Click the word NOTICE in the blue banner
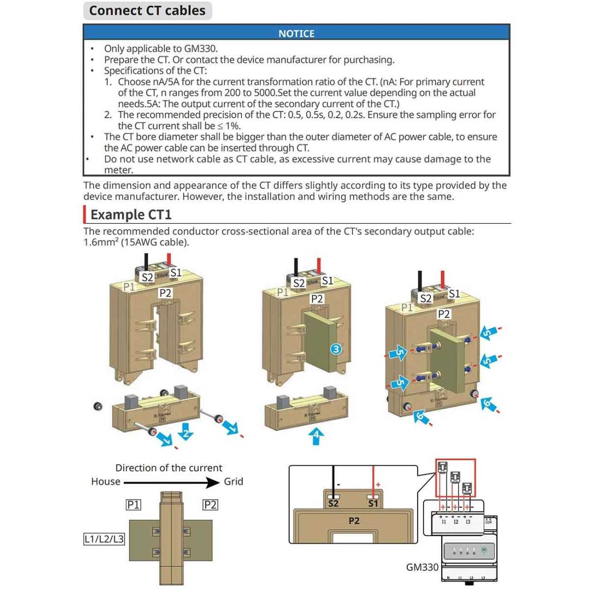pyautogui.click(x=296, y=33)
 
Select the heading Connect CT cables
pyautogui.click(x=147, y=10)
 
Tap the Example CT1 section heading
pyautogui.click(x=131, y=214)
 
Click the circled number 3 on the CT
pyautogui.click(x=336, y=349)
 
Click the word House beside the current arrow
pyautogui.click(x=106, y=482)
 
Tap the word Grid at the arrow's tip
pyautogui.click(x=233, y=482)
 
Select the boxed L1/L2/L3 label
pyautogui.click(x=104, y=539)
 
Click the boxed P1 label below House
pyautogui.click(x=133, y=505)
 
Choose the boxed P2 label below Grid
pyautogui.click(x=210, y=505)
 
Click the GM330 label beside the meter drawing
pyautogui.click(x=422, y=567)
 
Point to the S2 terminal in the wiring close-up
pyautogui.click(x=333, y=503)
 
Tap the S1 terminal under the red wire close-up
pyautogui.click(x=373, y=503)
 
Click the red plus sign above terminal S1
pyautogui.click(x=378, y=485)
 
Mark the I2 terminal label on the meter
pyautogui.click(x=455, y=522)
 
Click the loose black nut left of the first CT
pyautogui.click(x=98, y=406)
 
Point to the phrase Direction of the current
pyautogui.click(x=168, y=468)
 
